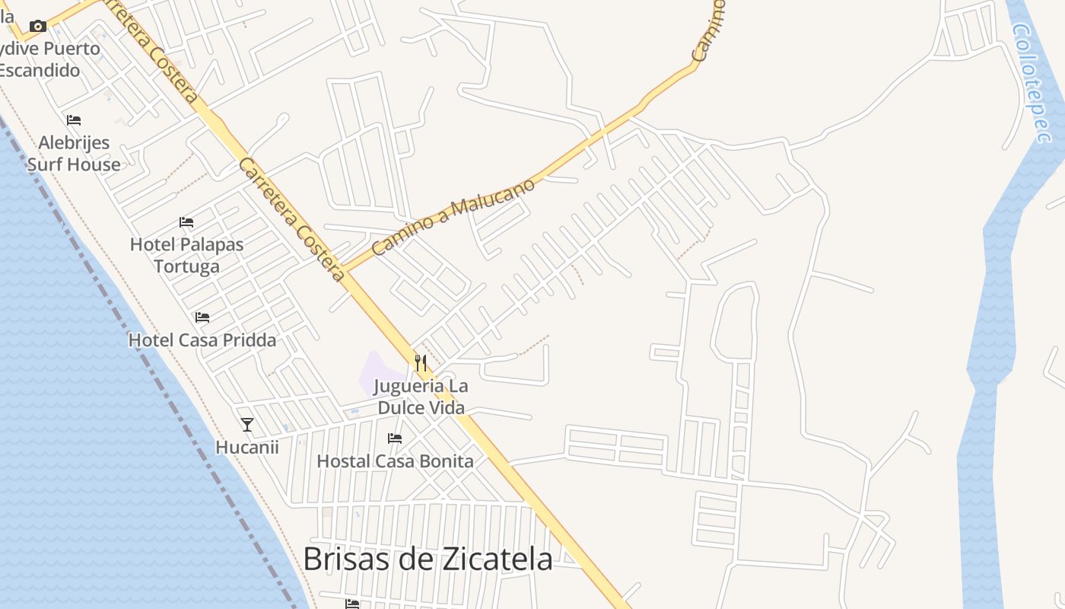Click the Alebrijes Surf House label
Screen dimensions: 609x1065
(x=74, y=153)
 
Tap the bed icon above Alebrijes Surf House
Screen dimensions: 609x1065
(x=74, y=120)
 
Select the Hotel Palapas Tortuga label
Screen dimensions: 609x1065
(x=186, y=255)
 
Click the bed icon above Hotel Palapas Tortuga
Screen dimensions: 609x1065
(x=186, y=222)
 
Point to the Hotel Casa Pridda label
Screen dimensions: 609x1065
(x=202, y=340)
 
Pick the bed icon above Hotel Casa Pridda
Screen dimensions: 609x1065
(x=202, y=317)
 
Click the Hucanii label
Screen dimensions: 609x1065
(x=247, y=447)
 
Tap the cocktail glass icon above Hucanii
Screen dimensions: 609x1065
(x=246, y=424)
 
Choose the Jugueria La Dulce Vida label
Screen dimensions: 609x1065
(x=422, y=397)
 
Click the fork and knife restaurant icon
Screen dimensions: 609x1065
(x=421, y=362)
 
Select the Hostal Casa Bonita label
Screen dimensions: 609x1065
(x=395, y=461)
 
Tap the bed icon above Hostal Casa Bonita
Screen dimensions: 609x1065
(x=395, y=438)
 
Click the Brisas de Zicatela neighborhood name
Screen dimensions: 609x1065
(x=428, y=559)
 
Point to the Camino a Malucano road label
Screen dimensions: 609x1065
(x=453, y=216)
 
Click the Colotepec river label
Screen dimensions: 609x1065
(x=1032, y=82)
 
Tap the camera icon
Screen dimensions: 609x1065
(x=38, y=27)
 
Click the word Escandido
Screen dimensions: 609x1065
(x=40, y=70)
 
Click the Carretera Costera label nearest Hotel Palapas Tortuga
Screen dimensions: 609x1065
(x=292, y=219)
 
